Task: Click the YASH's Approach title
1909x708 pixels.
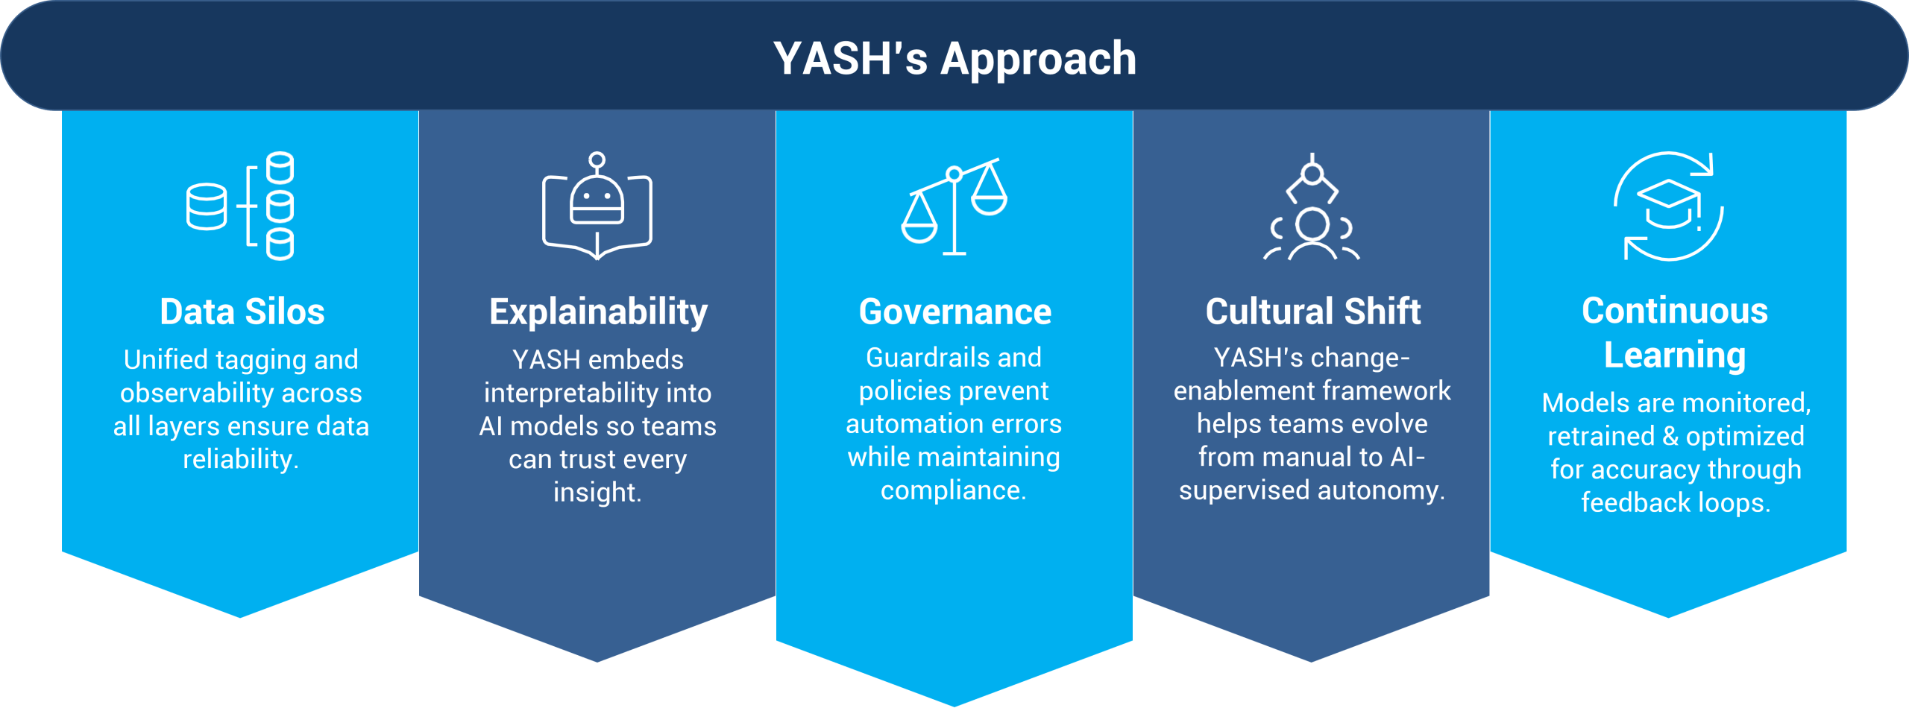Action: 954,58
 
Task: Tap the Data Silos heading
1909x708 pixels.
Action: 242,312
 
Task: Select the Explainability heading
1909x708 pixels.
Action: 598,312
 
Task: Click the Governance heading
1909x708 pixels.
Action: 954,312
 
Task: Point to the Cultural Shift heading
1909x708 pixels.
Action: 1312,312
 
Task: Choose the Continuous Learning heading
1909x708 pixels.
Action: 1675,332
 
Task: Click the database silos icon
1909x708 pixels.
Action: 240,206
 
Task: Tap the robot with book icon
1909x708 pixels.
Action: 597,206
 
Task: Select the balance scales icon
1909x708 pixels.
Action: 954,206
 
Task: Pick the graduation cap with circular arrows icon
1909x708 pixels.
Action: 1669,206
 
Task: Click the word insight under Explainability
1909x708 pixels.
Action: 596,493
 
